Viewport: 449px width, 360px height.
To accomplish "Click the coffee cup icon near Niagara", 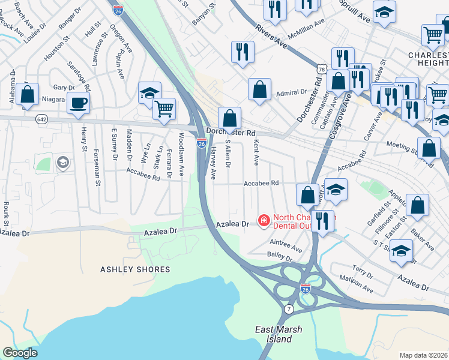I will [x=79, y=103].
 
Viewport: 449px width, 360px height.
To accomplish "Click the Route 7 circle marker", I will [x=289, y=308].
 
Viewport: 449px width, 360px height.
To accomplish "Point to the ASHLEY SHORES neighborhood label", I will [x=136, y=269].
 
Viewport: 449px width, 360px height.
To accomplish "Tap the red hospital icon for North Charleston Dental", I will [x=263, y=221].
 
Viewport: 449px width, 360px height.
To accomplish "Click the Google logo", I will [x=20, y=353].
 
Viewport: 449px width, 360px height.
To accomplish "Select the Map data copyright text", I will [x=424, y=355].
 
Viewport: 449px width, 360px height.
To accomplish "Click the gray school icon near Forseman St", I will [x=62, y=162].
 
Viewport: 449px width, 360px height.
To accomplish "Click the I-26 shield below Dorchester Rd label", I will [x=202, y=143].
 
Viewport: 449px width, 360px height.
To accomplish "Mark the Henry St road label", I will [x=83, y=140].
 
